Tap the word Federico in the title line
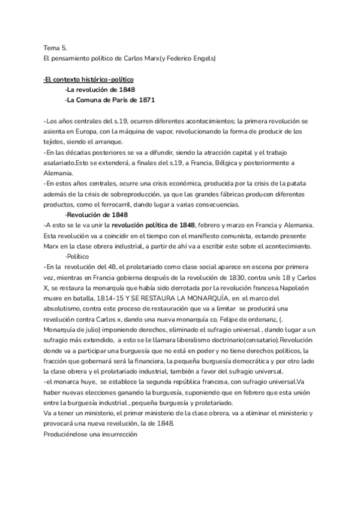coord(173,58)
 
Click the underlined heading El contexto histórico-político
coord(89,79)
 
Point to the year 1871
coord(143,100)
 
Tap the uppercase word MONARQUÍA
coord(209,298)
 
